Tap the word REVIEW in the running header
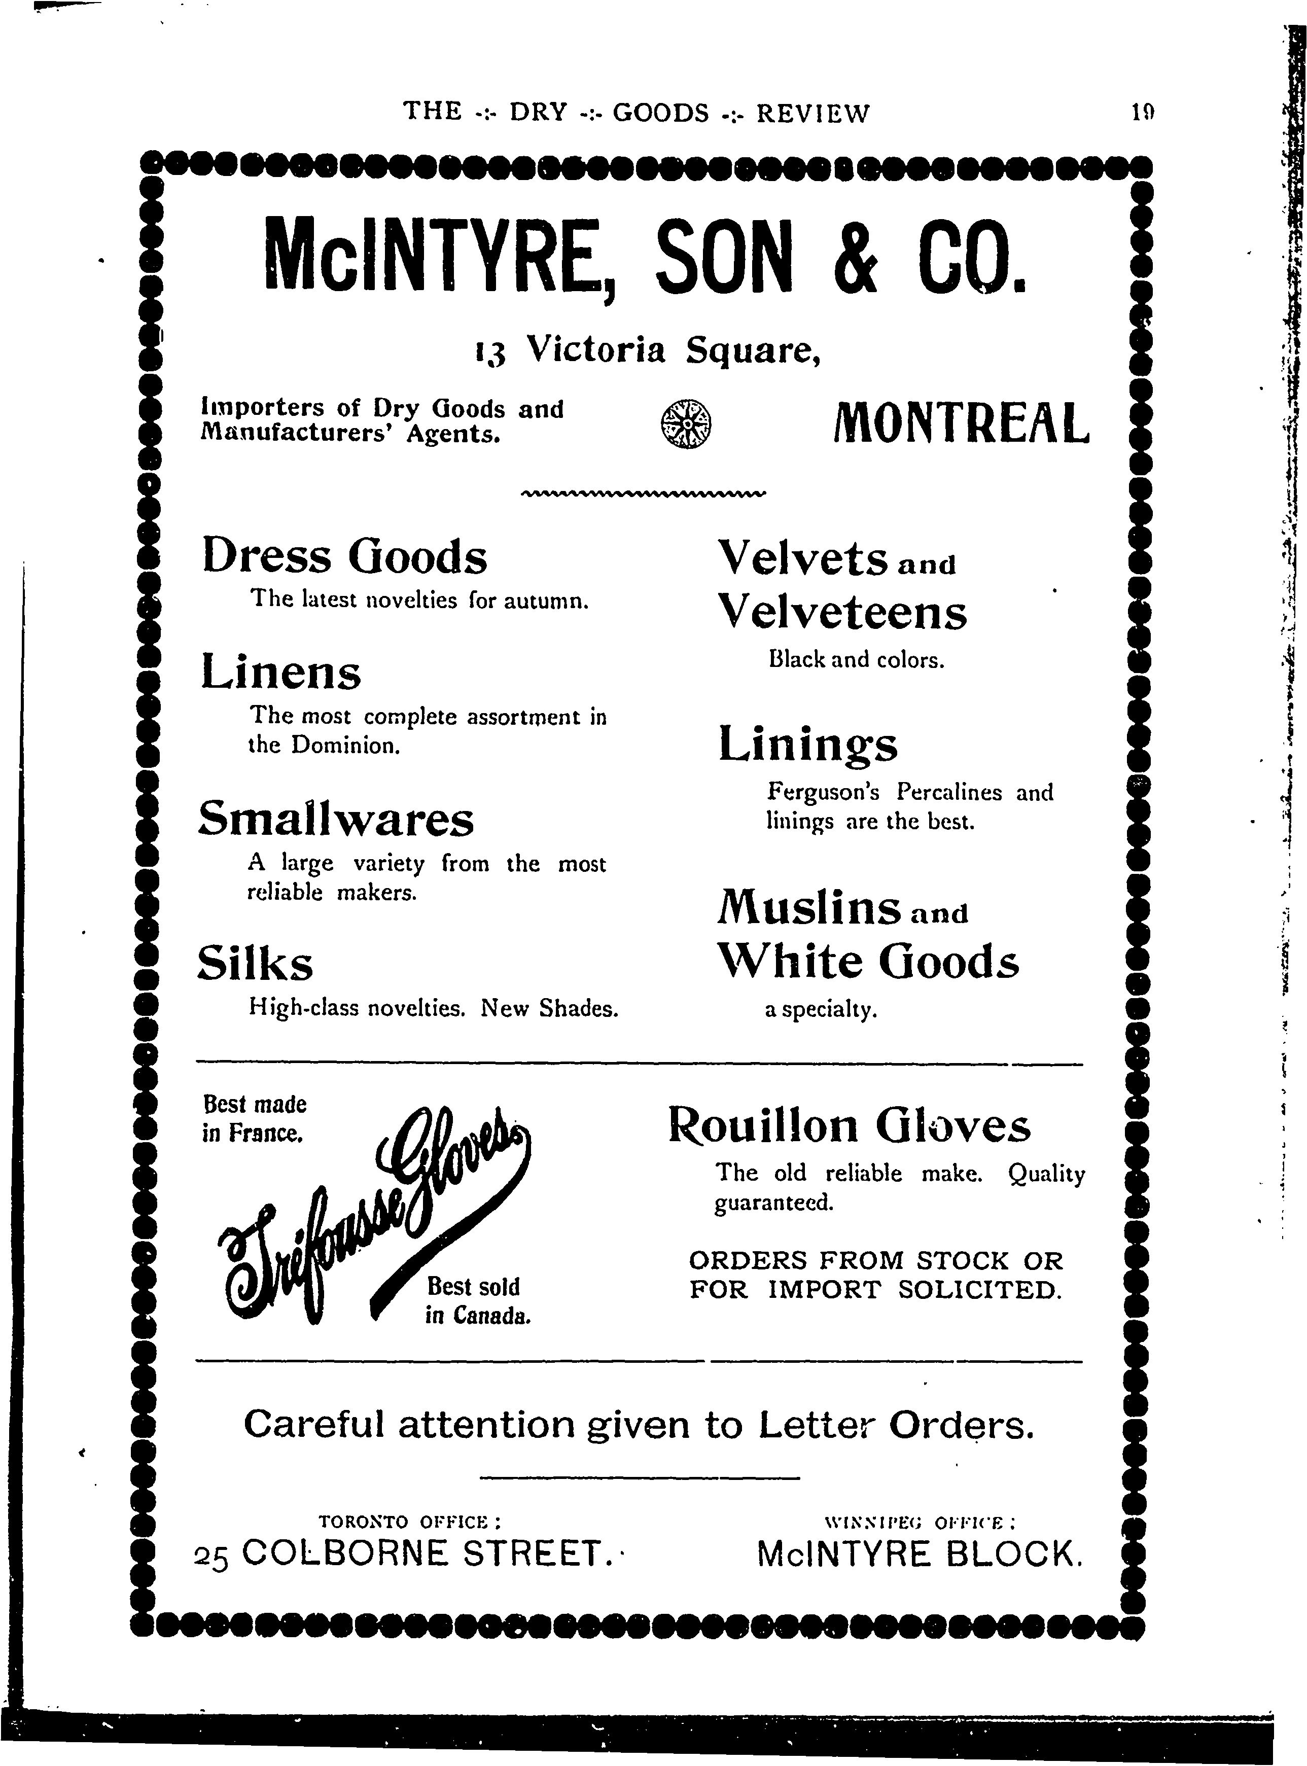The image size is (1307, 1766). pyautogui.click(x=813, y=113)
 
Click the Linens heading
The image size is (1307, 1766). pyautogui.click(x=281, y=674)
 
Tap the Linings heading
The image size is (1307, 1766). pyautogui.click(x=808, y=746)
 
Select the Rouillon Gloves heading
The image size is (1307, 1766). pyautogui.click(x=849, y=1126)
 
